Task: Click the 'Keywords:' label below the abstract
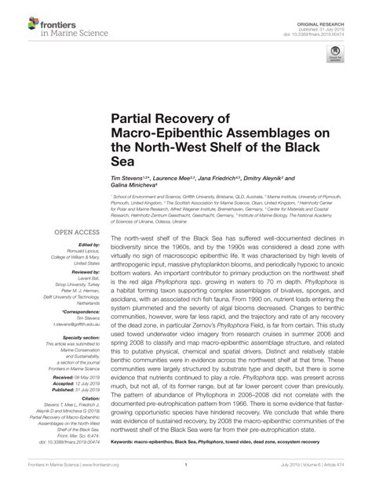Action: coord(126,444)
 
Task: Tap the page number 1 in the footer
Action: coord(186,475)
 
